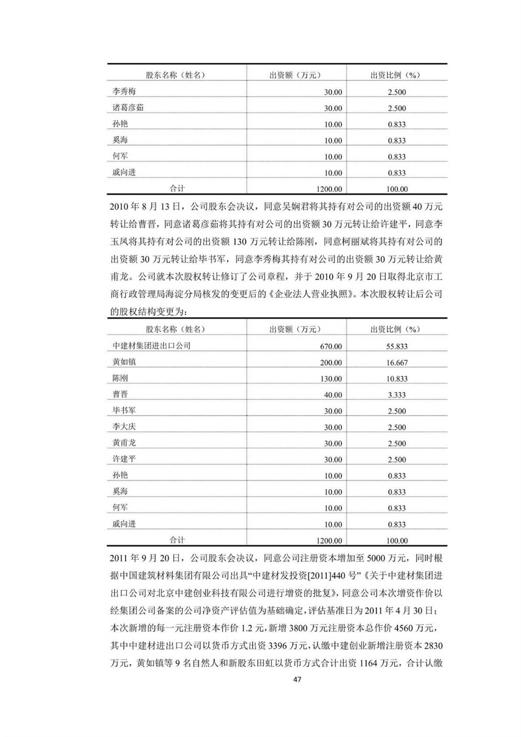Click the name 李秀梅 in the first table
point(124,92)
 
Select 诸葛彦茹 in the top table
point(128,108)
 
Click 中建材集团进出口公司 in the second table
point(152,346)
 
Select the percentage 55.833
point(397,346)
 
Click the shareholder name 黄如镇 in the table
point(124,362)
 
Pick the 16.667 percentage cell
point(397,362)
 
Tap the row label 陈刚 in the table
point(120,378)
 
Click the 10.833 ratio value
point(397,379)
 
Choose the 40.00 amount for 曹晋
point(333,395)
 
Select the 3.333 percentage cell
point(397,395)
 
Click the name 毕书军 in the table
point(124,410)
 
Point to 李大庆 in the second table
point(124,426)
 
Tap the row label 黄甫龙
point(124,443)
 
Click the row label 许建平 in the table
point(124,459)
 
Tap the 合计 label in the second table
point(177,540)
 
